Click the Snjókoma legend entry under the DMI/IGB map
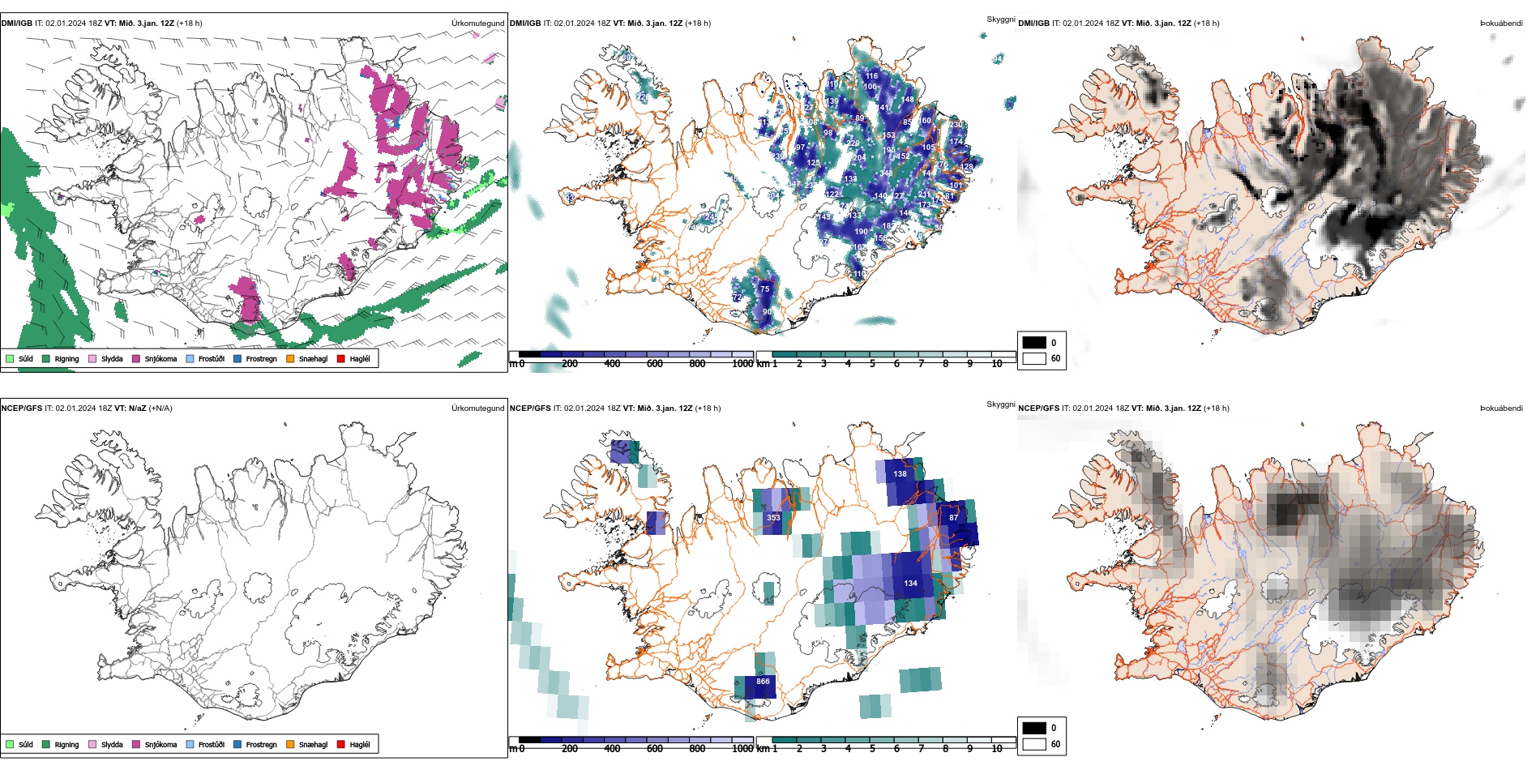coord(160,358)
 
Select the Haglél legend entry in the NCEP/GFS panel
coord(359,744)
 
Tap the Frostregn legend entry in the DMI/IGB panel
coord(261,358)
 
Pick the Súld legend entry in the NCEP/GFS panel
coord(25,744)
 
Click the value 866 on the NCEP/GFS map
coord(763,682)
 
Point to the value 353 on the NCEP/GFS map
coord(773,518)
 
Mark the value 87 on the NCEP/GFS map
coord(953,517)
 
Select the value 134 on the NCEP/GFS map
coord(910,584)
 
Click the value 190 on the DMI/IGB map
coord(861,232)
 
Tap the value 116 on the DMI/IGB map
coord(871,76)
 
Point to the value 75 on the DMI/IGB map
coord(764,289)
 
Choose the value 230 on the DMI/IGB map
coord(956,125)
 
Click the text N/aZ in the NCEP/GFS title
coord(137,409)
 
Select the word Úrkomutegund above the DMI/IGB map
coord(477,24)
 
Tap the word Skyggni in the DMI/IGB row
coord(1000,19)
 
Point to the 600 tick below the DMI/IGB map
coord(654,364)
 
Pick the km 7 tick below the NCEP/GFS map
coord(921,749)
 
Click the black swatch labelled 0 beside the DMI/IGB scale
coord(1034,342)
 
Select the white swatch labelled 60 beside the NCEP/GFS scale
coord(1034,744)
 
